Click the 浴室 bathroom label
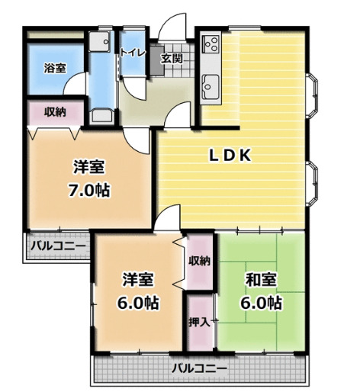[x=54, y=68]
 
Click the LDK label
[x=231, y=155]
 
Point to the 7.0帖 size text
[x=88, y=191]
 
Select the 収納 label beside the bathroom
[x=53, y=112]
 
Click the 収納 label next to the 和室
[x=200, y=261]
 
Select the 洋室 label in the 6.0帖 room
[x=138, y=279]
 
